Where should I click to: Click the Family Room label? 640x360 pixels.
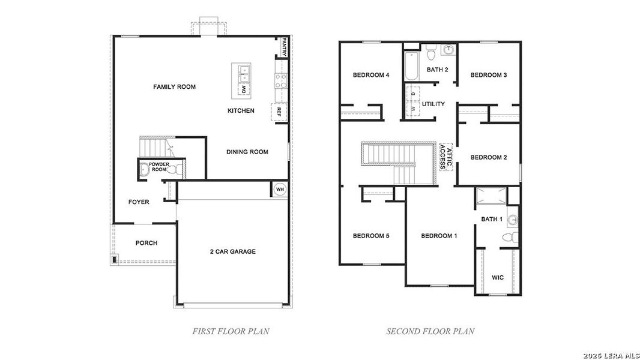tap(174, 87)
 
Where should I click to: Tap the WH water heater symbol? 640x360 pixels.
tap(279, 189)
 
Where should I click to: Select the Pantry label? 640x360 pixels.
tap(285, 47)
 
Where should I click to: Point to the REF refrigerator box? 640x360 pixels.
tap(279, 112)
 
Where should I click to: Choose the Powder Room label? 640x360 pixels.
tap(159, 167)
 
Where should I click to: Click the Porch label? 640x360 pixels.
tap(146, 243)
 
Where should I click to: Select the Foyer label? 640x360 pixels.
tap(139, 202)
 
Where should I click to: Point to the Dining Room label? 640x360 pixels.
tap(247, 152)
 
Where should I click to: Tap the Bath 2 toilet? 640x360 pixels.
tap(430, 55)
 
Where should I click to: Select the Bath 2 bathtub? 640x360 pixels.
tap(412, 67)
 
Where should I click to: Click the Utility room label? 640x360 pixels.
tap(433, 104)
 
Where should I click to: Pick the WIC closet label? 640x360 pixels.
tap(498, 278)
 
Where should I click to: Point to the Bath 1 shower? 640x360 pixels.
tap(491, 196)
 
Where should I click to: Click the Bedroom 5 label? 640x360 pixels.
tap(370, 236)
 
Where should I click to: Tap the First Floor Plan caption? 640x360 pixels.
tap(231, 331)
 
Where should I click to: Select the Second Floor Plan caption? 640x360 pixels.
tap(430, 331)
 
